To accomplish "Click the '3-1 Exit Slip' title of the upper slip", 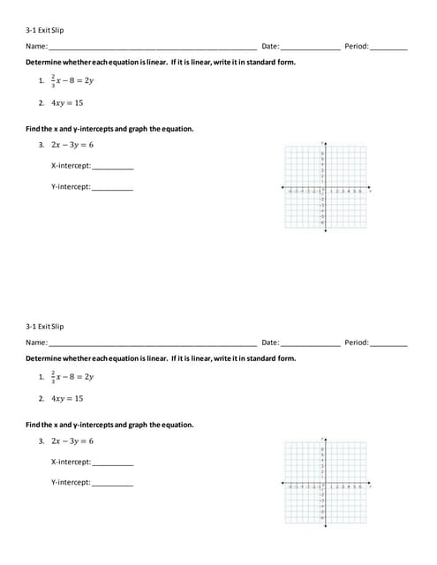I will [x=45, y=29].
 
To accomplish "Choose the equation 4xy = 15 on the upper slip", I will [x=67, y=103].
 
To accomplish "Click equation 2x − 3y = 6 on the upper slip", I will [x=72, y=145].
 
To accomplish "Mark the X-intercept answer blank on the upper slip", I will [x=113, y=167].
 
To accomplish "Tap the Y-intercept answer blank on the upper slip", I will [x=112, y=188].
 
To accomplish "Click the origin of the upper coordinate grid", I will [x=325, y=188].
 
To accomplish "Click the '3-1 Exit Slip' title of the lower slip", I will [x=45, y=326].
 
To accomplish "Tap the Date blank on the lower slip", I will [x=310, y=343].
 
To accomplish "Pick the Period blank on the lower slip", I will [x=388, y=343].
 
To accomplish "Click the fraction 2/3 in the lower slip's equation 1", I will [x=53, y=377].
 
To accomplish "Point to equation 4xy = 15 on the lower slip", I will [x=67, y=399].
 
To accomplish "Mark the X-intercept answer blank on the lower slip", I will [x=113, y=463].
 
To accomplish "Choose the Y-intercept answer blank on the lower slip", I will [x=112, y=484].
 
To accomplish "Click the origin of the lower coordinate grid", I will [x=325, y=484].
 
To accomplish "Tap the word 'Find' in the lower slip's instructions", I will [x=33, y=425].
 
